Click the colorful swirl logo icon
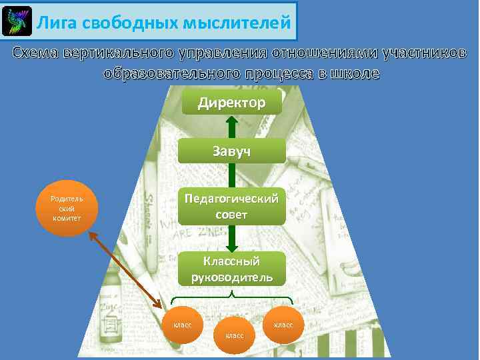tap(17, 22)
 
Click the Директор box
tap(231, 103)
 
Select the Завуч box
tap(231, 152)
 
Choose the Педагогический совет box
tap(231, 206)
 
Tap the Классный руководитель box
tap(231, 269)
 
